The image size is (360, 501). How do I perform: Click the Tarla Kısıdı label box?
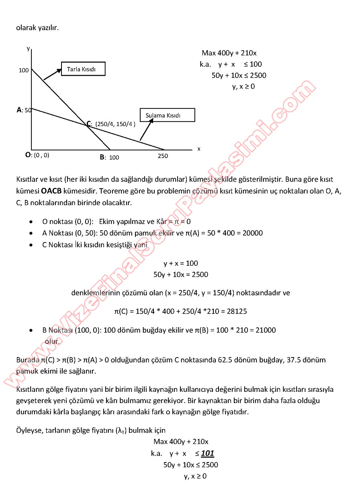(83, 69)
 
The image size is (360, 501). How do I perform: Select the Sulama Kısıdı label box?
(167, 115)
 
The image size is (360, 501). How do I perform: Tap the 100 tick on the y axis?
(24, 70)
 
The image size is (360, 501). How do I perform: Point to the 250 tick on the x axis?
(163, 156)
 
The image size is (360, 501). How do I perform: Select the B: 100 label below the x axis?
(110, 157)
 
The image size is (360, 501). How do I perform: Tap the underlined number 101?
(207, 453)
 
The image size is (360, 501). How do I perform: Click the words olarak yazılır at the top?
(37, 28)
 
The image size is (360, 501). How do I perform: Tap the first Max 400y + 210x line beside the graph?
(229, 53)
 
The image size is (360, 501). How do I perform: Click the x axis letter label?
(198, 149)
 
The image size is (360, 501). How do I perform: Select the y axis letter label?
(28, 48)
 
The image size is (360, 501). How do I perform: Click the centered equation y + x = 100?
(180, 263)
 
